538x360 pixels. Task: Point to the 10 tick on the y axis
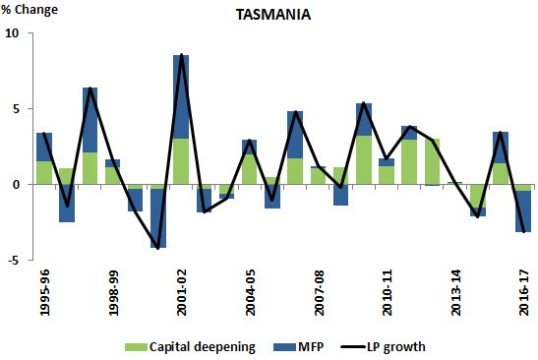pyautogui.click(x=13, y=33)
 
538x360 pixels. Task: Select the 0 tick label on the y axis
pyautogui.click(x=16, y=185)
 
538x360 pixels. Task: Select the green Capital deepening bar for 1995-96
pyautogui.click(x=44, y=172)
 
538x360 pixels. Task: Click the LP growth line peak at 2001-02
pyautogui.click(x=181, y=56)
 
